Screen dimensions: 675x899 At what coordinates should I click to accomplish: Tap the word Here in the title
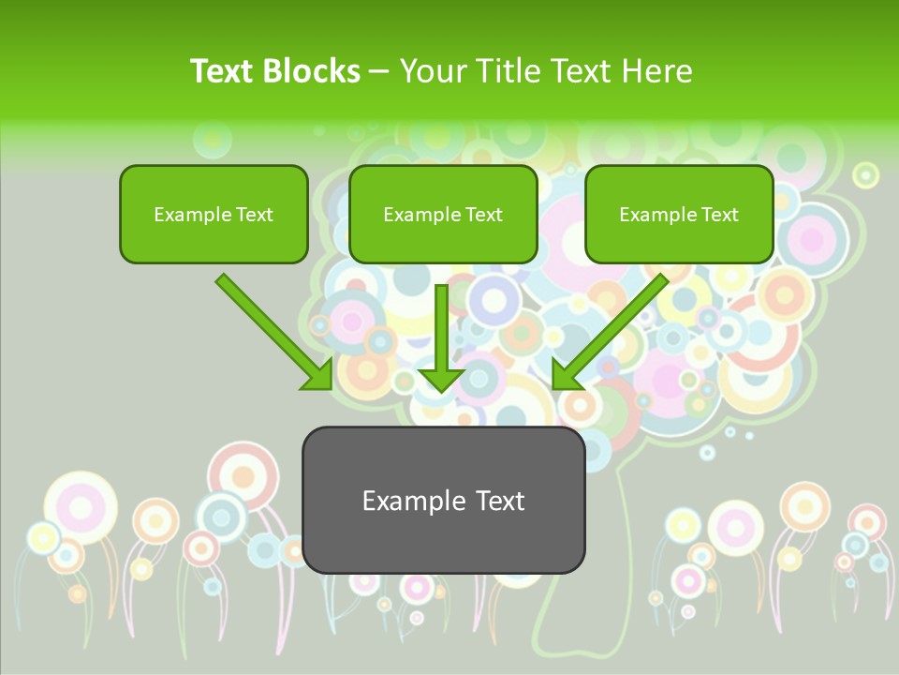pos(657,71)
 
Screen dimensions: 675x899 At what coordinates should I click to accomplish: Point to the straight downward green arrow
pos(441,337)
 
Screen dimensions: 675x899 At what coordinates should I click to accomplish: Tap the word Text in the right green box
pos(719,215)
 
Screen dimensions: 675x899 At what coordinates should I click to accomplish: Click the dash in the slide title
pos(380,71)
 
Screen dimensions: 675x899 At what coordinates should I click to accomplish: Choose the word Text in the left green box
pos(254,215)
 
